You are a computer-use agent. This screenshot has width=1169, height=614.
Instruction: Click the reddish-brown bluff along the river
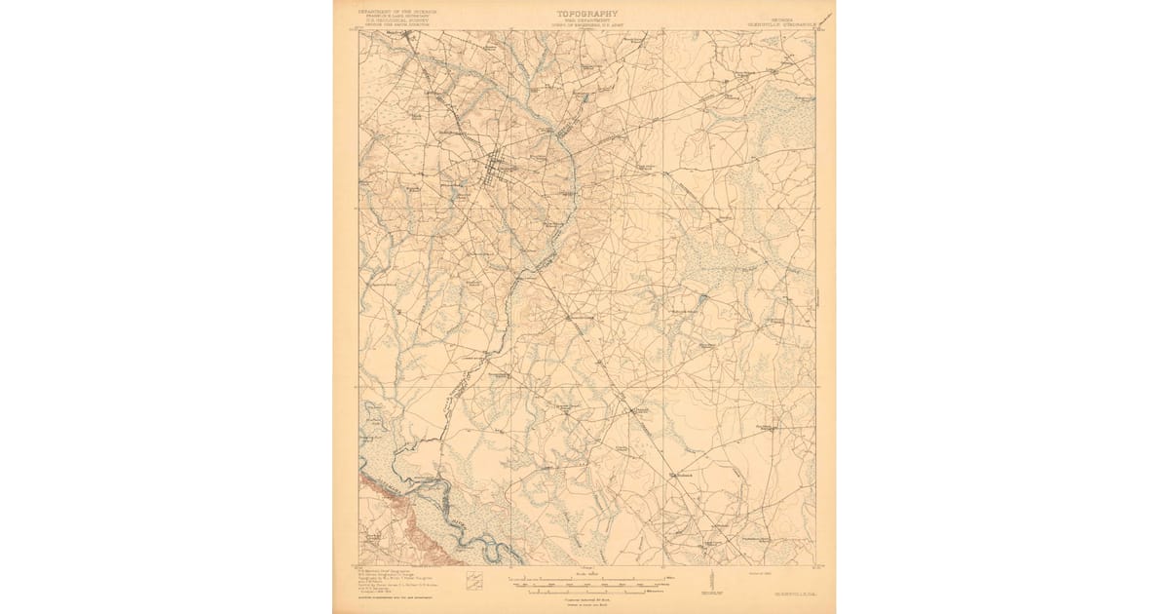(x=409, y=517)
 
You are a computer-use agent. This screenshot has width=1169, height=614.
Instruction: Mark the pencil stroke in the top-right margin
(x=825, y=20)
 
